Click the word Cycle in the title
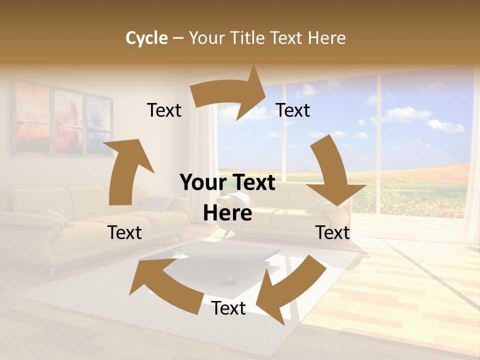(146, 38)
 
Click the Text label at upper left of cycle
(164, 110)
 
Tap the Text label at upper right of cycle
(293, 110)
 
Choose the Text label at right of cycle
(332, 232)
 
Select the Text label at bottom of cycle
(228, 308)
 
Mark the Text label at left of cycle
(124, 232)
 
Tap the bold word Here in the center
(227, 213)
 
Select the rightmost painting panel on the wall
(99, 125)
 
